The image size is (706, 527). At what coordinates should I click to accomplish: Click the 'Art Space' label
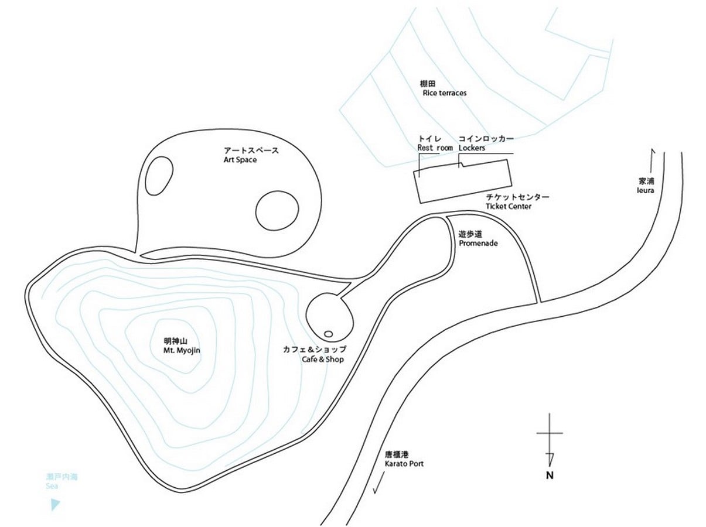click(x=240, y=160)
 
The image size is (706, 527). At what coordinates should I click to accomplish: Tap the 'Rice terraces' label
click(x=444, y=93)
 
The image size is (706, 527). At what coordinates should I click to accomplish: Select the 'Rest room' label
click(x=435, y=148)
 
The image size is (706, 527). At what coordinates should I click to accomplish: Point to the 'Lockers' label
click(x=472, y=148)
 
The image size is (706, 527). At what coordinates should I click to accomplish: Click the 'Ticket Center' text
click(x=509, y=206)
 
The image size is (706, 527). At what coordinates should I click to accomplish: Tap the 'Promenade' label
click(x=478, y=243)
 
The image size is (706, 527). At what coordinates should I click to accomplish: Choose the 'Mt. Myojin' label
click(x=182, y=350)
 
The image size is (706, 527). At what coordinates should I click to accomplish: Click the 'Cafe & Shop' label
click(x=323, y=360)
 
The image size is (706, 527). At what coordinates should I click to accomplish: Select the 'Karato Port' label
click(x=404, y=464)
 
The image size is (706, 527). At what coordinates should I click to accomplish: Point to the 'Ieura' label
click(x=645, y=190)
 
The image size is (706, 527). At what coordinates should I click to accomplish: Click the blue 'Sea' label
click(x=52, y=486)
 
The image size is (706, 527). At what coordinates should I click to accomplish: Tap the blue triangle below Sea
click(x=55, y=505)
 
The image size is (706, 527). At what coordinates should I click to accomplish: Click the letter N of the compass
click(x=550, y=475)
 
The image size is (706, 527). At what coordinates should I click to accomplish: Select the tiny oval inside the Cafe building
click(x=328, y=334)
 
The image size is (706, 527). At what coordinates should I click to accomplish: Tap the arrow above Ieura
click(x=652, y=160)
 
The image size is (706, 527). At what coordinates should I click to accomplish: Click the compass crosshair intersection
click(x=550, y=433)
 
